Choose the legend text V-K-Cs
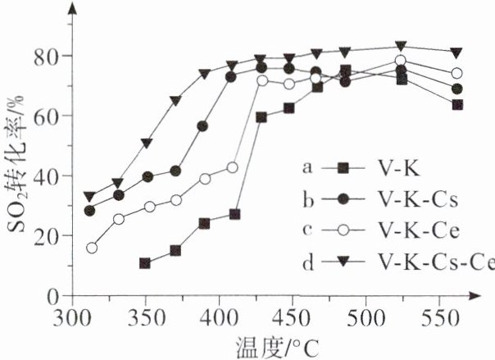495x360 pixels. (x=415, y=199)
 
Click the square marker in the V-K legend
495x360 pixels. (x=344, y=168)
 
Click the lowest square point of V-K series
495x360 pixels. (x=145, y=263)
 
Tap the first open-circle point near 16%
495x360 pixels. (x=92, y=248)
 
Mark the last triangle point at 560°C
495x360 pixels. (x=457, y=52)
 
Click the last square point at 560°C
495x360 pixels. (x=457, y=105)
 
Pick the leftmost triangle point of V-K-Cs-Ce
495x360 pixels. (x=89, y=197)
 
